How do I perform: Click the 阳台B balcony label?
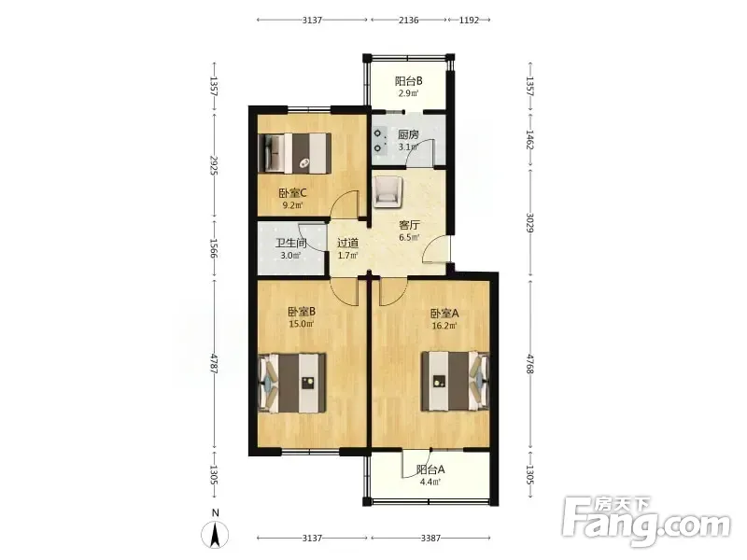point(409,81)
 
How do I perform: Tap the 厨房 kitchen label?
point(408,134)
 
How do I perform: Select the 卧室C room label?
point(292,193)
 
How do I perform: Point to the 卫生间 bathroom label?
point(290,243)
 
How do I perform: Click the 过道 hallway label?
point(347,243)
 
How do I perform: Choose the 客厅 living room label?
point(409,225)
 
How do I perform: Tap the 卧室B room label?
point(301,312)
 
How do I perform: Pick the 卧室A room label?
point(444,314)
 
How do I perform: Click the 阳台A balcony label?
point(430,469)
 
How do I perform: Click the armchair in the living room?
point(388,192)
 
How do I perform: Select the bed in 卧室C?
point(294,152)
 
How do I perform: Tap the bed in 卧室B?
point(292,384)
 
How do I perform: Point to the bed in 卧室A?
point(455,382)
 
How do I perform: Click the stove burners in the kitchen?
point(379,141)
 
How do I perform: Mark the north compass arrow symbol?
point(216,534)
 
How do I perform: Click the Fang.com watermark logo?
point(645,522)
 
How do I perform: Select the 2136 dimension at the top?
point(409,20)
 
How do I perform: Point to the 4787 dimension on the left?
point(215,364)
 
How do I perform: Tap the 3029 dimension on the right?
point(529,222)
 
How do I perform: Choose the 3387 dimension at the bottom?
point(430,539)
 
